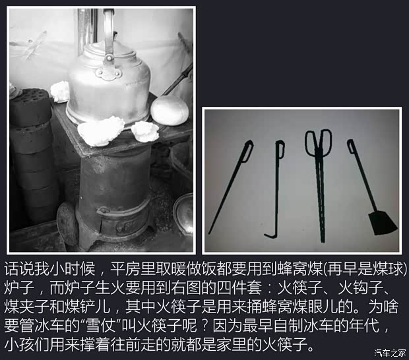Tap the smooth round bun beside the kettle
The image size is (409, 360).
(170, 111)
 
